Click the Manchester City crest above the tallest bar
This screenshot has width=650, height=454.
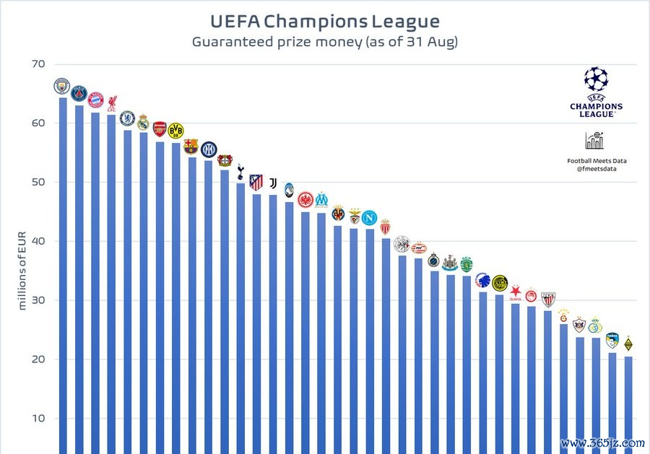click(62, 87)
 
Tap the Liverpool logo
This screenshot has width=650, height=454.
click(112, 102)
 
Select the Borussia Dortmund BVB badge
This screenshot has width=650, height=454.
click(175, 131)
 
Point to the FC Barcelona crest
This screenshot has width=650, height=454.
click(191, 146)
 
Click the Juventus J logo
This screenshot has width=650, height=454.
click(273, 183)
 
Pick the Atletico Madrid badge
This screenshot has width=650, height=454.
click(256, 182)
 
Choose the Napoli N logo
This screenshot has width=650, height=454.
click(369, 217)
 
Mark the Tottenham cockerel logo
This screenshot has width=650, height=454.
click(240, 171)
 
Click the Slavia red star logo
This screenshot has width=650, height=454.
click(516, 292)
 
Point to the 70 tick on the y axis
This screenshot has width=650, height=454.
click(38, 64)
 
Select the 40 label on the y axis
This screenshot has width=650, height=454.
click(38, 241)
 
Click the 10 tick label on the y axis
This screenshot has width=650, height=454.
click(38, 419)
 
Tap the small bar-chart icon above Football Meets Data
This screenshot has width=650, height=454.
click(596, 140)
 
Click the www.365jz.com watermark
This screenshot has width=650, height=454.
click(602, 442)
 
